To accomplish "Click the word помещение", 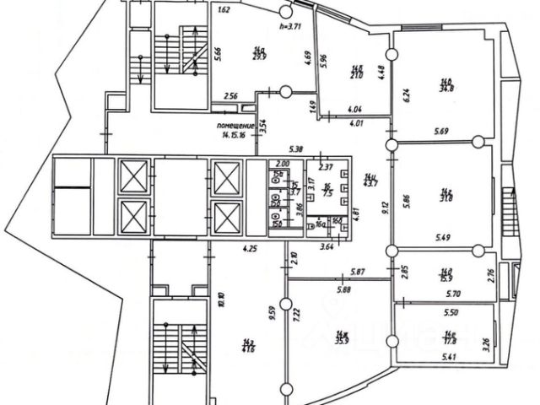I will pos(234,124).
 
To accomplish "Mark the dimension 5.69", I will pos(441,131).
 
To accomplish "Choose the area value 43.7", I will pos(370,184).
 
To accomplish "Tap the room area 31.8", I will pos(446,200).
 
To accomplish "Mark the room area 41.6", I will pos(248,345).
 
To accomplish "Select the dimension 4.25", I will pos(249,248).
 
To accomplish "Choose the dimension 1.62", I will pos(224,12).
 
